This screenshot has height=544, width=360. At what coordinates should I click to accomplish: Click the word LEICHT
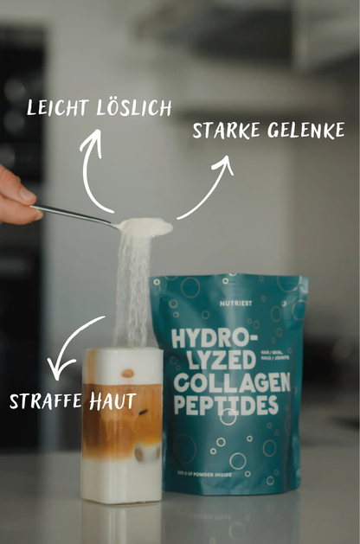(58, 108)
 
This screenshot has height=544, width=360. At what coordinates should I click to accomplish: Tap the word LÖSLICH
(132, 108)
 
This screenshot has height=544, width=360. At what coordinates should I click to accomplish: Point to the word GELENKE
(304, 131)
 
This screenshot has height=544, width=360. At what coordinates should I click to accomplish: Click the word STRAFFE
(45, 402)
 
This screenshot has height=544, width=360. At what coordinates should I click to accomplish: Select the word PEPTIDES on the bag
(223, 405)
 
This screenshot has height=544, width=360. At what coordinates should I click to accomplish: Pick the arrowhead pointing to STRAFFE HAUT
(59, 370)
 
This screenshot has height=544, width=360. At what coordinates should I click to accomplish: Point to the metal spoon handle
(74, 214)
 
